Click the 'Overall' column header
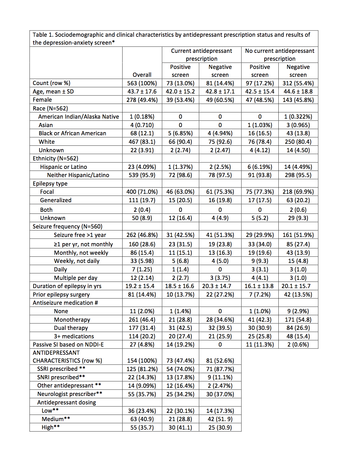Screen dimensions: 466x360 click(x=142, y=75)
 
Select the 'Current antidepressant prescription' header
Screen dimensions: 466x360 click(x=202, y=55)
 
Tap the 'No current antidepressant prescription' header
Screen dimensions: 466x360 click(x=280, y=55)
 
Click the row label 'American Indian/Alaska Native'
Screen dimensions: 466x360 click(x=78, y=117)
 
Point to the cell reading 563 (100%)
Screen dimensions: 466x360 click(x=142, y=83)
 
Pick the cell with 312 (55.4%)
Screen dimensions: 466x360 click(x=298, y=83)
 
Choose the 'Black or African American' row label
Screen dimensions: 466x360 click(x=72, y=133)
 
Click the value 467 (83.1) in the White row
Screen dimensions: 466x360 click(x=142, y=142)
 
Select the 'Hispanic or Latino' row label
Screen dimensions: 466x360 click(x=64, y=167)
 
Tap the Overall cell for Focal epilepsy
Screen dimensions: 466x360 click(x=142, y=192)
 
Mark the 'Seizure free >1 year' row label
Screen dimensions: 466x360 click(x=80, y=235)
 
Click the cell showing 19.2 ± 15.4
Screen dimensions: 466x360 click(x=140, y=286)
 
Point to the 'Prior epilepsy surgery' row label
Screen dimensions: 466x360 click(x=61, y=295)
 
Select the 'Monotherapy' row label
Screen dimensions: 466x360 click(x=72, y=320)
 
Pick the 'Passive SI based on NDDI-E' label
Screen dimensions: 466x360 click(x=68, y=345)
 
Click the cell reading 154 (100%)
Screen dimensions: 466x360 click(x=142, y=361)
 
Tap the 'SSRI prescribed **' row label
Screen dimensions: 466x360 click(x=61, y=369)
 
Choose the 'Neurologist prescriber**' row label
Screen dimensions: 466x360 click(x=70, y=394)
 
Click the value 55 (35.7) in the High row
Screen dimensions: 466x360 click(x=142, y=428)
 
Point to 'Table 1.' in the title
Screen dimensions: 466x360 click(x=43, y=35)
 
